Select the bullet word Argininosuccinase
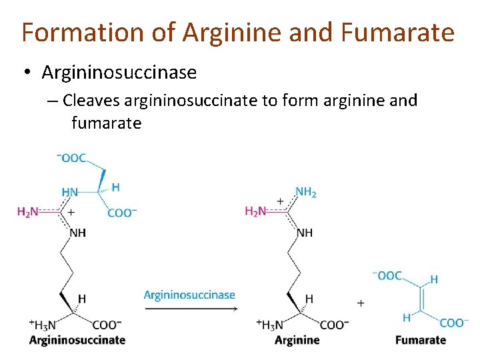(x=119, y=72)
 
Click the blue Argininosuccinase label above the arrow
(x=189, y=295)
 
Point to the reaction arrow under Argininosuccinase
(x=189, y=309)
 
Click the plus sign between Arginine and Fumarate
(x=361, y=303)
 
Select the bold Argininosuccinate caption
(x=77, y=340)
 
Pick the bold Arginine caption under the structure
(x=297, y=340)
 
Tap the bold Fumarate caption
(x=421, y=340)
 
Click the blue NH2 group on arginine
(x=306, y=192)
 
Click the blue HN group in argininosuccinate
(x=70, y=192)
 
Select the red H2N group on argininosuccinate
(x=28, y=212)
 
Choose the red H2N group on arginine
(x=257, y=212)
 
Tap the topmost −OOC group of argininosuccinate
(x=72, y=158)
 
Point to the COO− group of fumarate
(x=453, y=323)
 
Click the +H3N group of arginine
(x=270, y=325)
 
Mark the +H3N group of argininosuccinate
(x=42, y=325)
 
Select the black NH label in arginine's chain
(x=305, y=233)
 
